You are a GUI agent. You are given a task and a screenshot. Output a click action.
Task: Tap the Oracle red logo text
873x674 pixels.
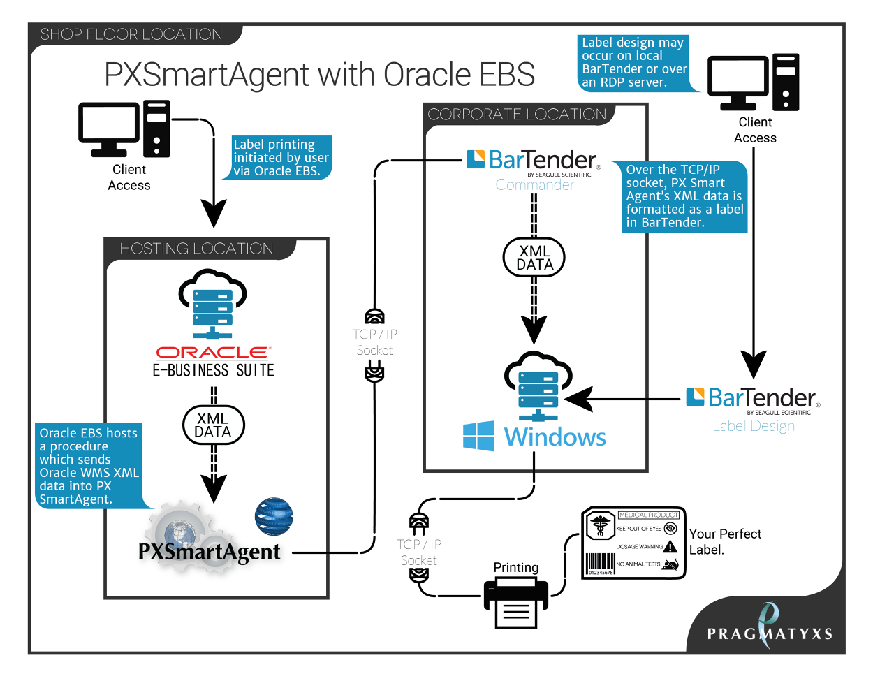[x=212, y=353]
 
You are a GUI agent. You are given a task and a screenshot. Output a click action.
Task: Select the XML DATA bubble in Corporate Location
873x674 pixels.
[x=534, y=258]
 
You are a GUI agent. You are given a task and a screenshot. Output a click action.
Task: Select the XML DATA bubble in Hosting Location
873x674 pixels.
[x=213, y=425]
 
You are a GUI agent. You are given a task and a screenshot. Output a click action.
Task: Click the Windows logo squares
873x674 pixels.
[x=478, y=436]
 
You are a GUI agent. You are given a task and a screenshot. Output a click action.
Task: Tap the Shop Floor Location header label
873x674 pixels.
[x=131, y=34]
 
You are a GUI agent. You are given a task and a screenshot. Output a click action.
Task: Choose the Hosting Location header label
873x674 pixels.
[x=196, y=249]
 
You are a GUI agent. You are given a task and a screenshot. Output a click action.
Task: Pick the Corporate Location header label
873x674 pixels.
[x=517, y=115]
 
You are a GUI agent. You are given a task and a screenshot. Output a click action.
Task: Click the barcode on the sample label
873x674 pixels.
[x=600, y=563]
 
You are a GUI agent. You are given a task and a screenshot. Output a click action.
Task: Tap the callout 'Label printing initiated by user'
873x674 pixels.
[x=281, y=158]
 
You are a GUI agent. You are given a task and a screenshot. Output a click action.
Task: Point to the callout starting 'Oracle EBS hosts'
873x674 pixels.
[x=89, y=466]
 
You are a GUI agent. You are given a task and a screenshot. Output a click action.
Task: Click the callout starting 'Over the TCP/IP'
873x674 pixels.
[x=684, y=196]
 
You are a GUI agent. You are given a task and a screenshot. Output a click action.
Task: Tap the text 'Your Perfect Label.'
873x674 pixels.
[x=724, y=541]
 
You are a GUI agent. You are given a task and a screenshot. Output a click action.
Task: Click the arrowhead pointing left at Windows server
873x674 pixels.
[x=579, y=400]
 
